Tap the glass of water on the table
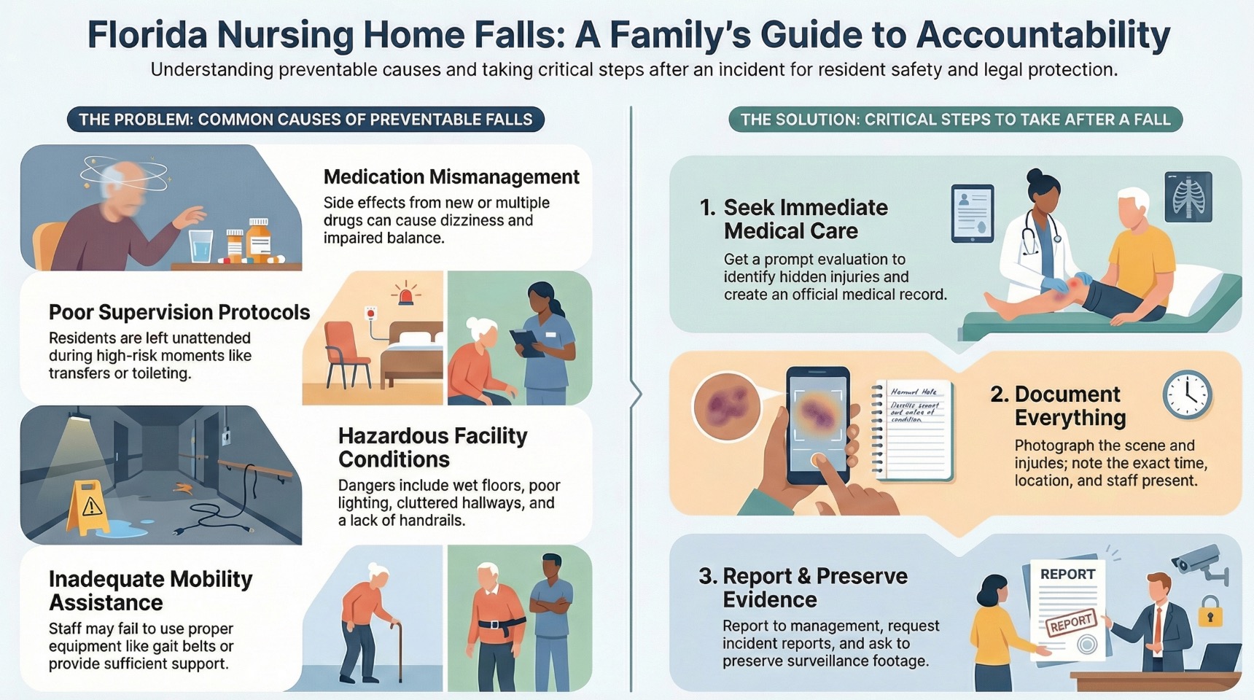point(201,246)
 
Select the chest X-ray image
point(1188,197)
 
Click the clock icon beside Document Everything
point(1187,395)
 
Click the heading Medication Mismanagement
point(451,177)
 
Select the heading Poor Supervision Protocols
point(179,313)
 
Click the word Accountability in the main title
point(1043,35)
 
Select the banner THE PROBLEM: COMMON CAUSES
point(305,120)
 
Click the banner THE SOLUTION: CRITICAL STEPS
point(955,120)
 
